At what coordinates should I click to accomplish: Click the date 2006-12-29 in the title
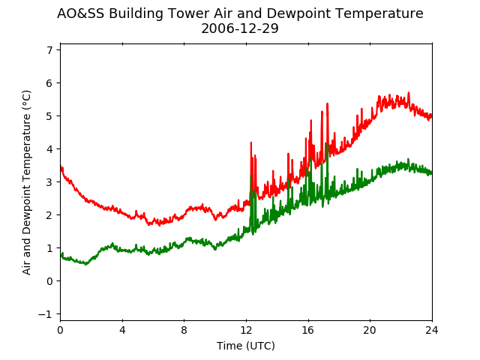coord(240,28)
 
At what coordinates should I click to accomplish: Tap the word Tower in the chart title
coord(189,13)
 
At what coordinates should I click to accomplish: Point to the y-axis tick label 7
coord(49,50)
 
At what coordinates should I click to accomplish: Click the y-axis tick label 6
coord(49,83)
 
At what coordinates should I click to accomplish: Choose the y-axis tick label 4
coord(49,149)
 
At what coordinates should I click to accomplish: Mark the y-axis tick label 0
coord(49,281)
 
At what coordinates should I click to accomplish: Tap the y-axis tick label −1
coord(45,314)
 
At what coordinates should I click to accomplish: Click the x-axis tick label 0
coord(60,330)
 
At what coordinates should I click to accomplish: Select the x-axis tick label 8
coord(184,330)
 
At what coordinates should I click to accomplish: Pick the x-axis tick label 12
coord(246,330)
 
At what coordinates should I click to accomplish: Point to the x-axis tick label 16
coord(308,330)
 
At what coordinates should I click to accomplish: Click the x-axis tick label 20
coord(370,330)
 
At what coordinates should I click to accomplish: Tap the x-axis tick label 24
coord(432,330)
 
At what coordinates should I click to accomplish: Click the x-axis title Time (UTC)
coord(246,346)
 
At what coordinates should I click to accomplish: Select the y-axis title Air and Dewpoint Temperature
coord(27,182)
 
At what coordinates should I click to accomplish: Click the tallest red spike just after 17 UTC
coord(327,103)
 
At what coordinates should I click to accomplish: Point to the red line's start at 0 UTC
coord(61,167)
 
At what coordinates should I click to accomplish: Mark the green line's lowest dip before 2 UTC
coord(86,264)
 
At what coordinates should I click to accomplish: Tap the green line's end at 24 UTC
coord(432,173)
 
